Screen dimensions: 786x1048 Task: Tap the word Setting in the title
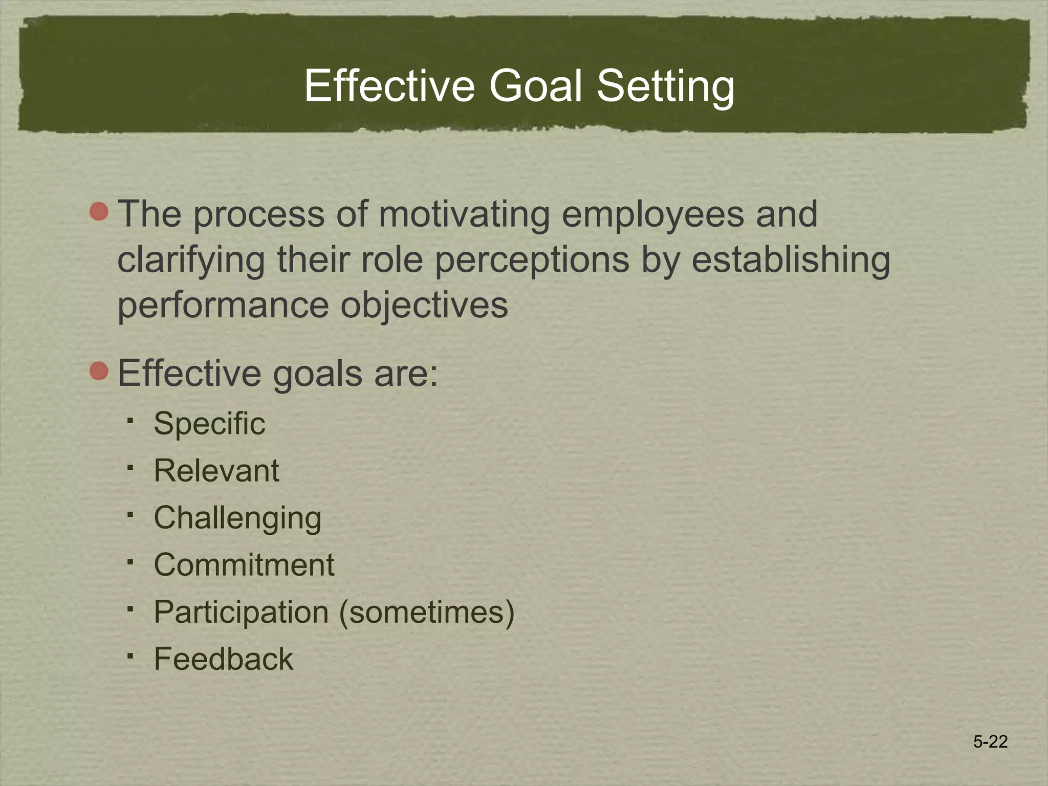coord(666,87)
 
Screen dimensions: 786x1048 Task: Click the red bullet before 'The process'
coord(99,211)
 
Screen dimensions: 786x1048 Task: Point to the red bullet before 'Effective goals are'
coord(99,370)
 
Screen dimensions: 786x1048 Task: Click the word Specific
coord(209,424)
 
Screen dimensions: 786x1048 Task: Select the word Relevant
coord(216,471)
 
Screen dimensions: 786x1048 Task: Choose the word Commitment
coord(244,565)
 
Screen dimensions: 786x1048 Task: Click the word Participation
coord(241,612)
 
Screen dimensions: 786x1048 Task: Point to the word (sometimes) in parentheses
coord(427,612)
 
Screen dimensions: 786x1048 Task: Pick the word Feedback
coord(224,659)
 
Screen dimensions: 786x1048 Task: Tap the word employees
coord(653,215)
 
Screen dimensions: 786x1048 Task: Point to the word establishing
coord(791,260)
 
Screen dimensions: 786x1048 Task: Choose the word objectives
coord(424,306)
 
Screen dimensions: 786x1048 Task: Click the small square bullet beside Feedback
coord(130,656)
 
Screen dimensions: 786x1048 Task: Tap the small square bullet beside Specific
coord(130,421)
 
